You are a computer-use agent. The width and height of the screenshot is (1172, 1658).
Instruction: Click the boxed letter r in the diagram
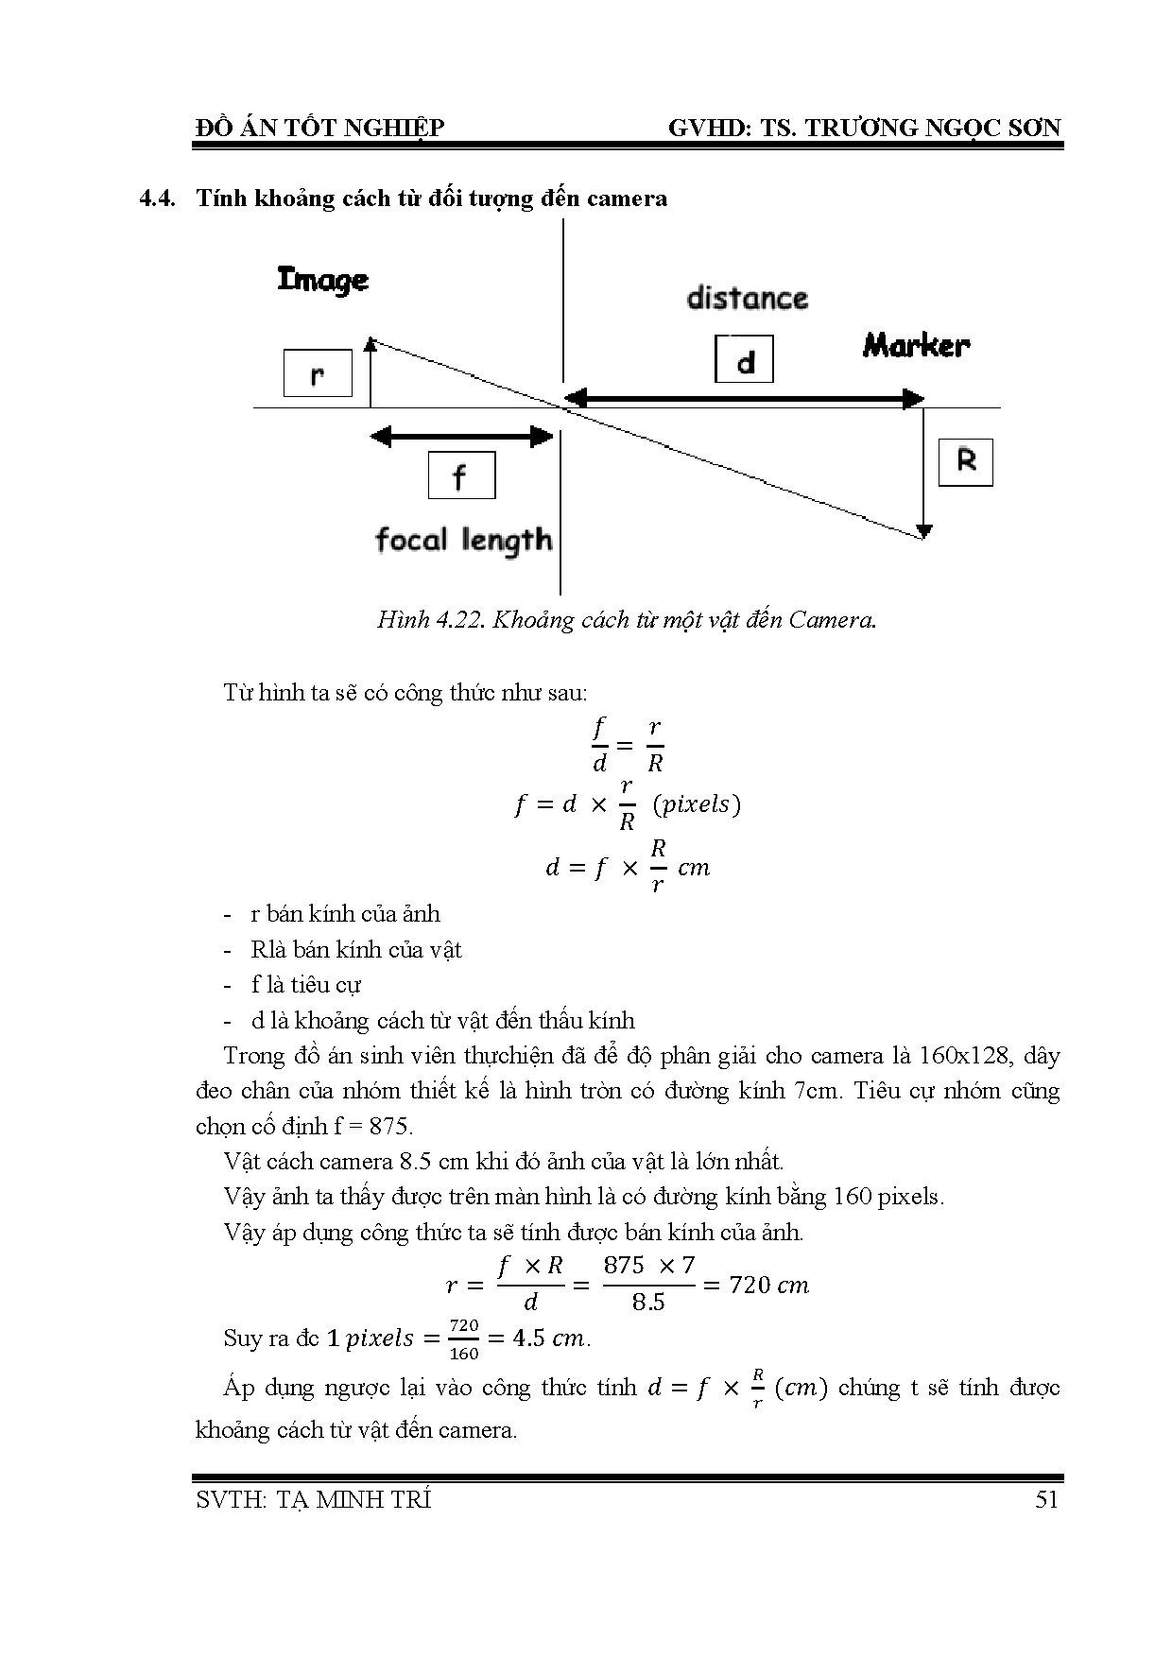tap(318, 373)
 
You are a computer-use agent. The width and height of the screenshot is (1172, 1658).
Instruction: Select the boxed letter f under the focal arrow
tap(461, 475)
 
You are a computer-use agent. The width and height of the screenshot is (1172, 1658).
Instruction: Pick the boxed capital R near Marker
tap(965, 462)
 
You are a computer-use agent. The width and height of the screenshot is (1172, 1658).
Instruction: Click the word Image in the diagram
tap(322, 280)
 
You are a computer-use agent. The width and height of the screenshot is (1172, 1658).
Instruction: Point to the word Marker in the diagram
tap(916, 345)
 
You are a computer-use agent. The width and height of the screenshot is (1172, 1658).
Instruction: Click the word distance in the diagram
tap(747, 299)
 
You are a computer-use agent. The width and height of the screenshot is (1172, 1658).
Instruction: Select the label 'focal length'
tap(463, 541)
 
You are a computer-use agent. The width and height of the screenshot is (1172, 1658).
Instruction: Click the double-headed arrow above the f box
tap(461, 437)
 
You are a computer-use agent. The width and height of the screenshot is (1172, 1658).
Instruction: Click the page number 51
tap(1046, 1500)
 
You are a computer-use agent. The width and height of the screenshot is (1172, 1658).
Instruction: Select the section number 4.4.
tap(159, 199)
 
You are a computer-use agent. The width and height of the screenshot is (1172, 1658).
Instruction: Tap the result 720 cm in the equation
tap(769, 1286)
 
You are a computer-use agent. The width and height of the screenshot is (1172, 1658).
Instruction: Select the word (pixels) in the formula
tap(697, 804)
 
